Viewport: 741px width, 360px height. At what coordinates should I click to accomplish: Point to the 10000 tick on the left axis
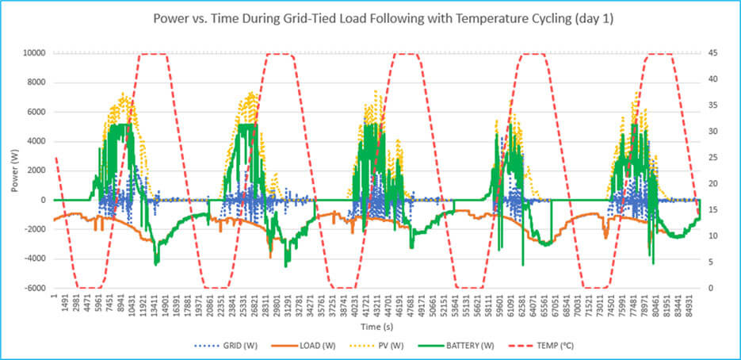point(32,53)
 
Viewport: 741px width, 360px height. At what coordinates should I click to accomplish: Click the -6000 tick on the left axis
point(32,288)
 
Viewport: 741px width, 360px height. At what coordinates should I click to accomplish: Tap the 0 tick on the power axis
point(42,200)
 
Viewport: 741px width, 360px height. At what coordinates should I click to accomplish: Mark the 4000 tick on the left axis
point(34,141)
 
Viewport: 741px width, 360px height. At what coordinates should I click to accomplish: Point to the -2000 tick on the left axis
point(32,229)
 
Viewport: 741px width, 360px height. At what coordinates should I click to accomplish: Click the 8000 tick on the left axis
point(34,82)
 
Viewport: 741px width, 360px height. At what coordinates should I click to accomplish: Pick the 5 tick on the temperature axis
point(711,262)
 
